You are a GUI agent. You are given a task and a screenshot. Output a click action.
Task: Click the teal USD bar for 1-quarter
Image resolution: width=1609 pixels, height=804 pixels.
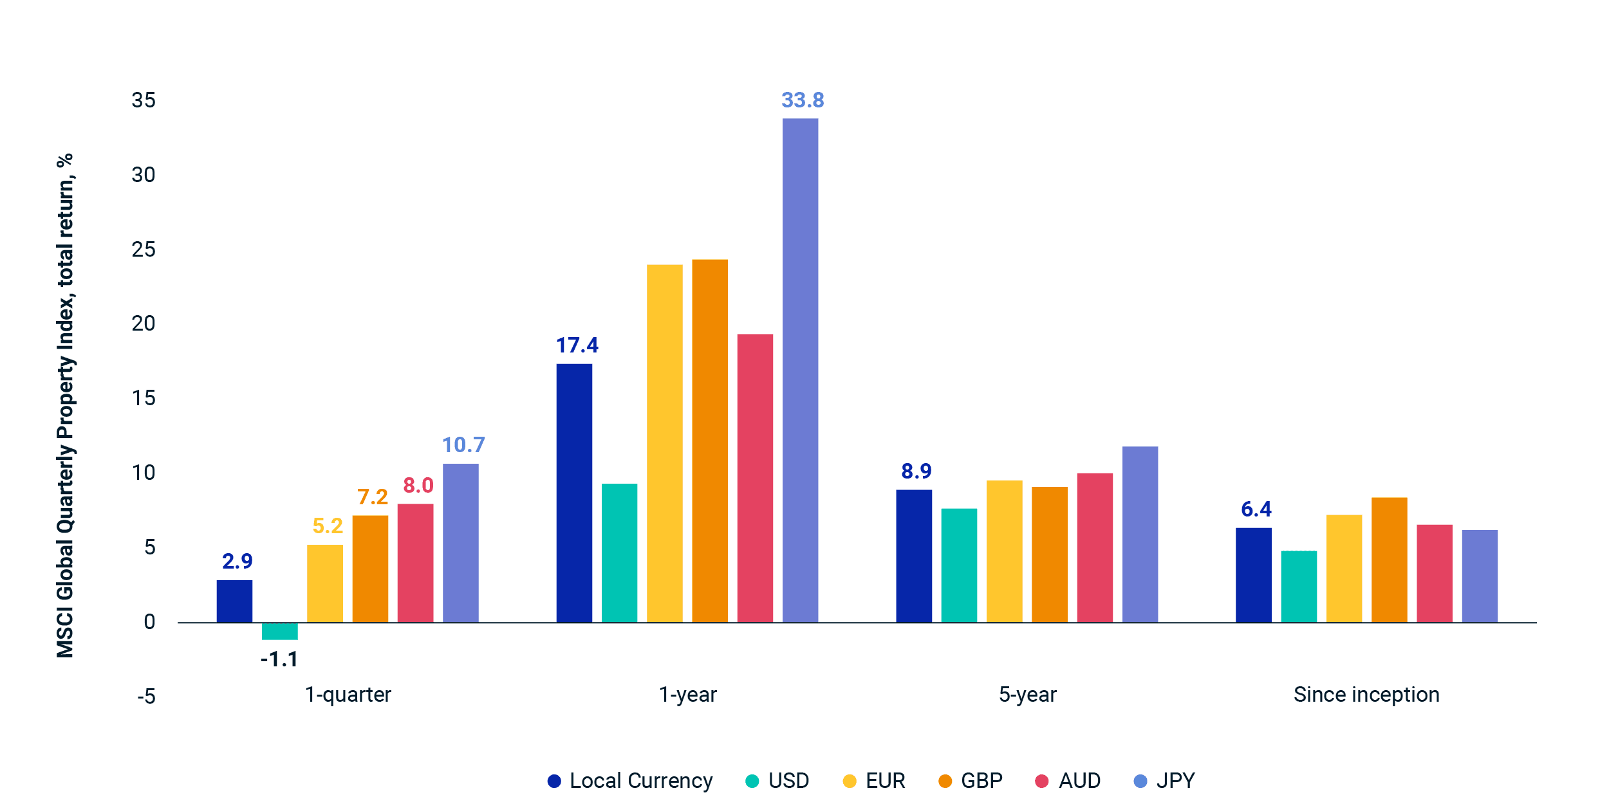click(x=279, y=631)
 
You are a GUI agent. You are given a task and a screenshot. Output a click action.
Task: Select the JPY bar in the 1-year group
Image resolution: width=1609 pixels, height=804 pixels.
click(x=800, y=370)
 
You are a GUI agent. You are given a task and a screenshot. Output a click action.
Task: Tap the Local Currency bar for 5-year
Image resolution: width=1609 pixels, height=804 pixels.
click(x=914, y=556)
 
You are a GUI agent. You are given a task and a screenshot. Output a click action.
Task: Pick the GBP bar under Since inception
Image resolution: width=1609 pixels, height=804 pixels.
click(x=1389, y=560)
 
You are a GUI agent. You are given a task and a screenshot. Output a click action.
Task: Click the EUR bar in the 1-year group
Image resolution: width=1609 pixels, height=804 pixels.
click(x=664, y=443)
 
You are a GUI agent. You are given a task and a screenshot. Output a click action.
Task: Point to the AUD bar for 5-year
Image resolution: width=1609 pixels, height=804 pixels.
click(x=1095, y=547)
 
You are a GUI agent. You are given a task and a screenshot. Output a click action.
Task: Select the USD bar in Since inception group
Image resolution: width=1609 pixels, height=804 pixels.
click(x=1299, y=586)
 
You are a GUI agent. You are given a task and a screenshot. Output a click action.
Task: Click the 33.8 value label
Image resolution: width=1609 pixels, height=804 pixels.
click(x=803, y=100)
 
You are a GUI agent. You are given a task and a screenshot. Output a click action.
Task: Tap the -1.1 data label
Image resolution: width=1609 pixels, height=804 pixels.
click(x=279, y=659)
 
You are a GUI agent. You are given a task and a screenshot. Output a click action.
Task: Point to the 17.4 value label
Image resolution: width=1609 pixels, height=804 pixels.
click(x=577, y=345)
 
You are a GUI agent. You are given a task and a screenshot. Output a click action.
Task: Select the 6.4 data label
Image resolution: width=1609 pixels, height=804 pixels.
click(x=1256, y=509)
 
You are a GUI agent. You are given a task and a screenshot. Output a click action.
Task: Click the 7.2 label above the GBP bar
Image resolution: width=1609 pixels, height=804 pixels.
click(x=373, y=497)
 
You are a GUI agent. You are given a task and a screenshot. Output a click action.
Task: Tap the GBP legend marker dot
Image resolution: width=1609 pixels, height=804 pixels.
click(x=945, y=781)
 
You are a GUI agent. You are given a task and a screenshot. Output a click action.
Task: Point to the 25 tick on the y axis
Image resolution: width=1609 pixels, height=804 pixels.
click(x=144, y=250)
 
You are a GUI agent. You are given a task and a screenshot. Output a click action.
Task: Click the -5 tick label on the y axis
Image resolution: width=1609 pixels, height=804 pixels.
click(x=146, y=697)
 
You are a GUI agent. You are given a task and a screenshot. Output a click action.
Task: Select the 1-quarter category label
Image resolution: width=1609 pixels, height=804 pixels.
click(x=348, y=695)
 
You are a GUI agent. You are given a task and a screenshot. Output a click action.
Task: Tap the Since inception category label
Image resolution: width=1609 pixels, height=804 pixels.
click(x=1366, y=695)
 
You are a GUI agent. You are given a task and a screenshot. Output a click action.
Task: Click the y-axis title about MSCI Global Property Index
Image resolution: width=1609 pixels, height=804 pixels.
click(x=66, y=405)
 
